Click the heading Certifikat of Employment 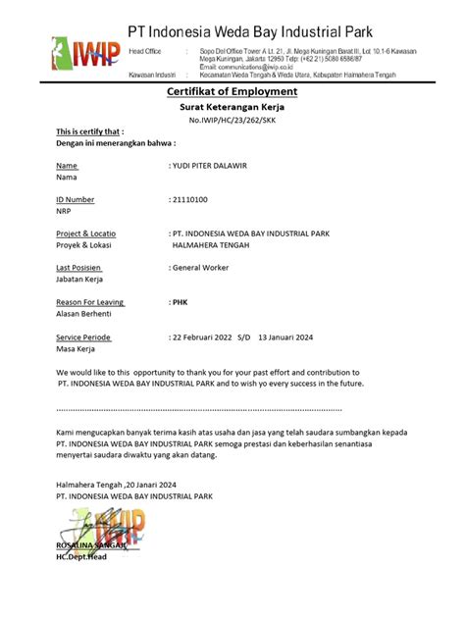tap(231, 91)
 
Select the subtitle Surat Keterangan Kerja tap(231, 107)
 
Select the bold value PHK tap(180, 302)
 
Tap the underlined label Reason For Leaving tap(90, 302)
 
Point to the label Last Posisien tap(79, 267)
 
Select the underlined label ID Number tap(76, 199)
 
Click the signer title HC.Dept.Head tap(82, 556)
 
